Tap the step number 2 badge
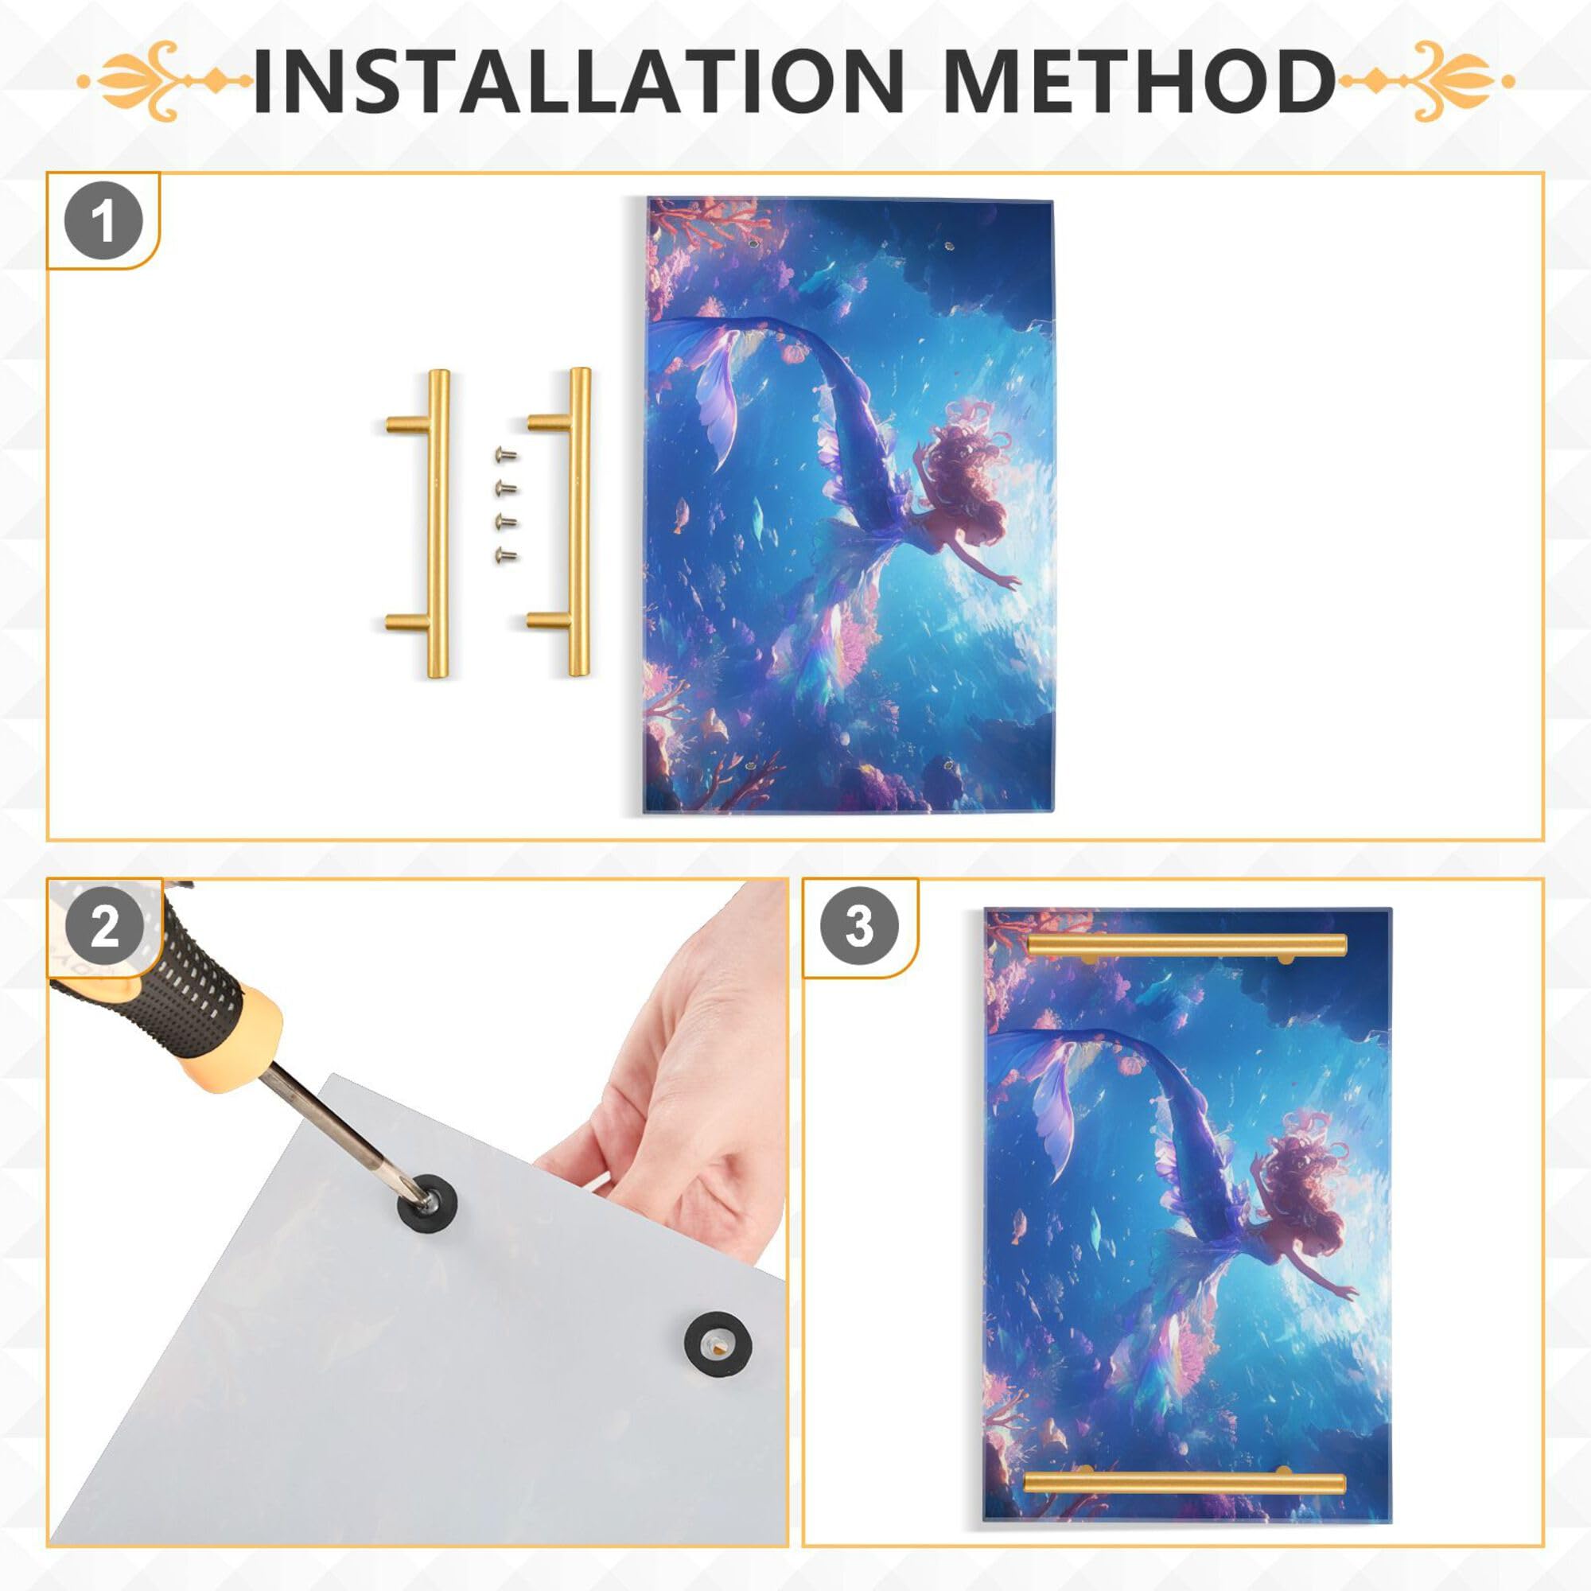pyautogui.click(x=104, y=928)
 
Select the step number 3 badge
pyautogui.click(x=859, y=927)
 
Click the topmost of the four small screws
pyautogui.click(x=505, y=453)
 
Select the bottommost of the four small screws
pyautogui.click(x=505, y=556)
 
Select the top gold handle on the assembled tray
pyautogui.click(x=1186, y=945)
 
